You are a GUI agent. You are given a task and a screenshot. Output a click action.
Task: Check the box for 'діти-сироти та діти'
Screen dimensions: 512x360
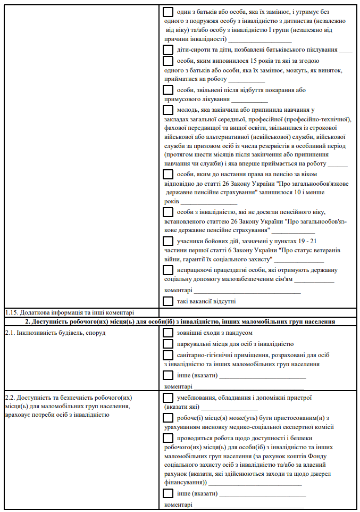point(169,49)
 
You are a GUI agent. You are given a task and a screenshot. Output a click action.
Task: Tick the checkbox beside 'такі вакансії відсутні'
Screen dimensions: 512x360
point(169,301)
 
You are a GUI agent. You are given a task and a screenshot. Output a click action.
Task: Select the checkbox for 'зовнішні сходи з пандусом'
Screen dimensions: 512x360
point(169,333)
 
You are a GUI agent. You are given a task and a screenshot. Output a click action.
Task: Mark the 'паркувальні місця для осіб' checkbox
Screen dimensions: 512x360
point(169,344)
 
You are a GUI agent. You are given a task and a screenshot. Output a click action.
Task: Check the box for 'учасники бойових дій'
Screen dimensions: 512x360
point(169,241)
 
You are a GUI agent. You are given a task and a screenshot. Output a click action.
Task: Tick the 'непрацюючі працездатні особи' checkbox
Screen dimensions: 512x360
point(169,269)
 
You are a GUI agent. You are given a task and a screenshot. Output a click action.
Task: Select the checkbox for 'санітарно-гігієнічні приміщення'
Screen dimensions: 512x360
point(169,354)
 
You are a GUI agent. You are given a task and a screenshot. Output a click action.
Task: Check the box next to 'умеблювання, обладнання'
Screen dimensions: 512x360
point(169,397)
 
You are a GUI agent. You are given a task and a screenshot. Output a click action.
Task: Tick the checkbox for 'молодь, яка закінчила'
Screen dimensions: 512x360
point(169,110)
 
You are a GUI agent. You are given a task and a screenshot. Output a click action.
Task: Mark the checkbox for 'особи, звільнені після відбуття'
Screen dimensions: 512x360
point(169,89)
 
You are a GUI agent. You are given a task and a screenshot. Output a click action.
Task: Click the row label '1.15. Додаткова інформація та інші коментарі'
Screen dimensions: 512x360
point(70,312)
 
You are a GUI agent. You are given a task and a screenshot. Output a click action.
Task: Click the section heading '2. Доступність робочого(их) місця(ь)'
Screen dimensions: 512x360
point(180,321)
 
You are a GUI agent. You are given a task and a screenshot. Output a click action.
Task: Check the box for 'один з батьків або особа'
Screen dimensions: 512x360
point(169,11)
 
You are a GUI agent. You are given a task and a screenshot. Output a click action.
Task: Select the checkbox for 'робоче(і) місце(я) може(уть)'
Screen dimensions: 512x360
point(169,418)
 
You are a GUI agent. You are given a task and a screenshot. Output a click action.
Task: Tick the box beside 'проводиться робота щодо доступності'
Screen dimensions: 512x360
point(169,438)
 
